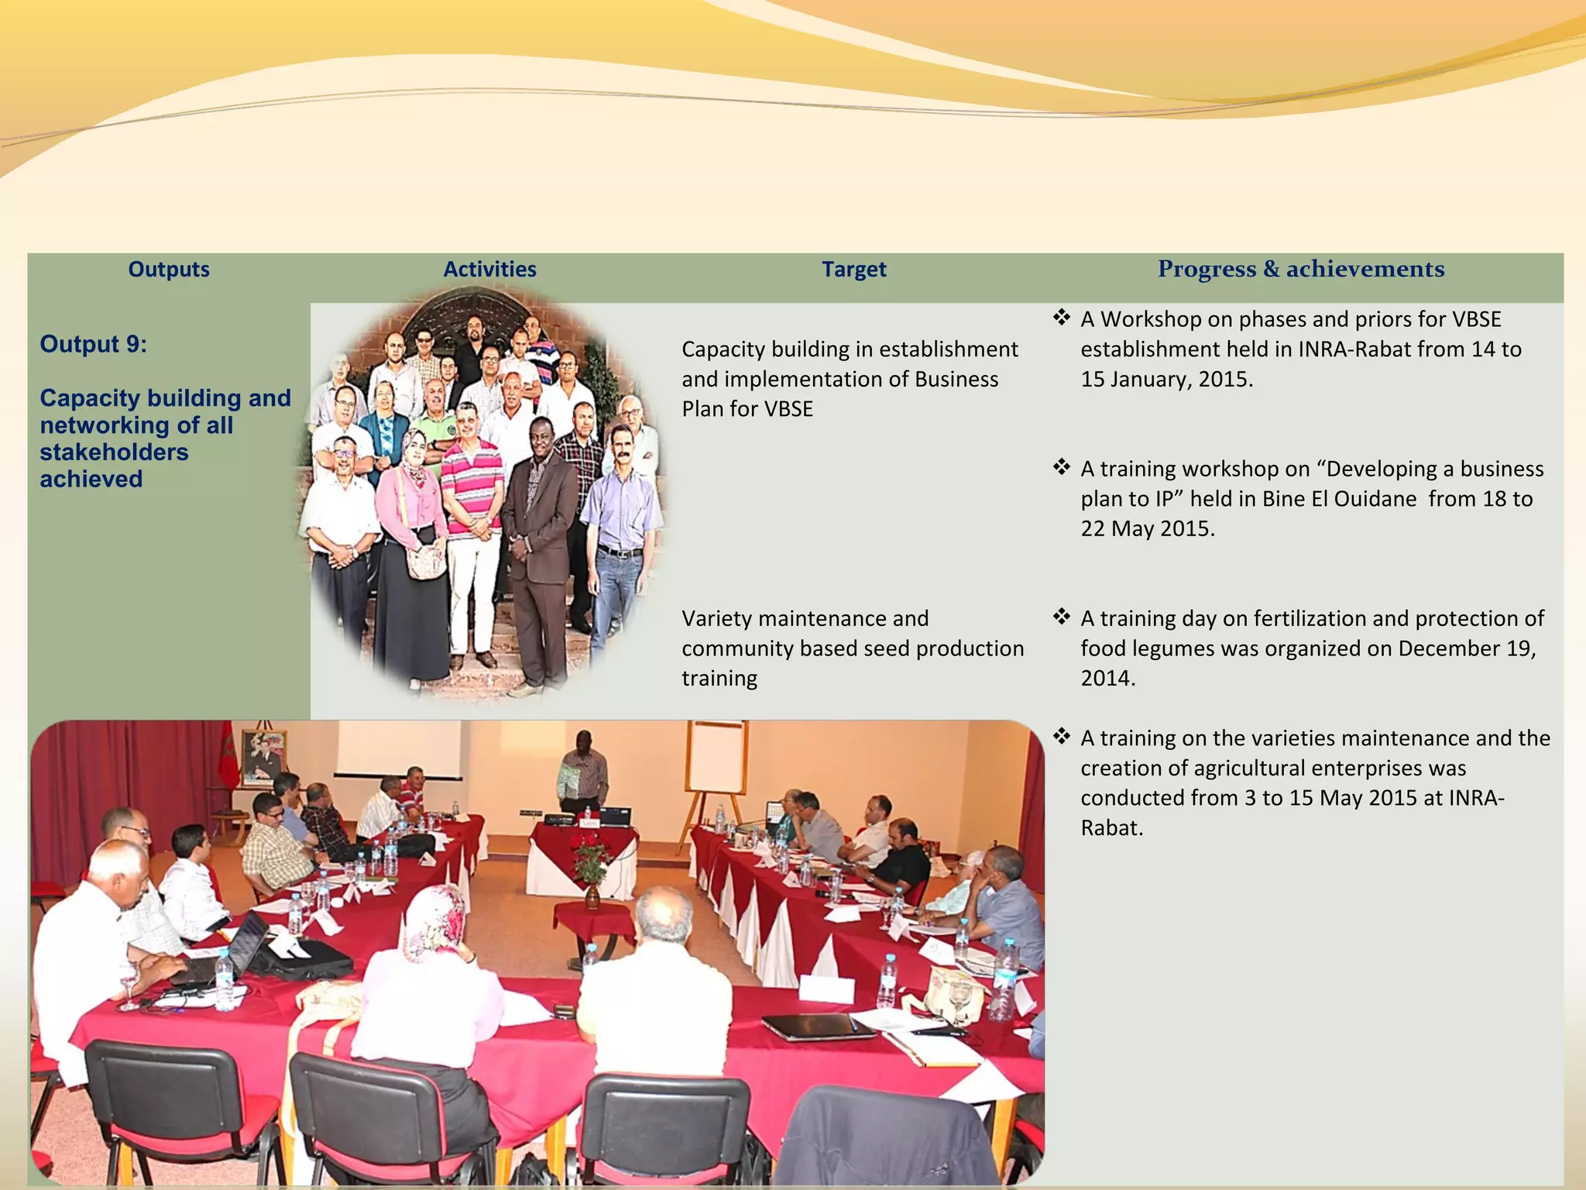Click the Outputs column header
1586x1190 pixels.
click(x=169, y=270)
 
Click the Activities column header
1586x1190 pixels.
click(x=489, y=270)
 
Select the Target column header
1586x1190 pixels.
click(x=853, y=270)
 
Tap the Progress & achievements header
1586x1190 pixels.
click(x=1300, y=269)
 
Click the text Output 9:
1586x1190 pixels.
click(x=94, y=344)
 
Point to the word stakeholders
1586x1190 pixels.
click(x=114, y=452)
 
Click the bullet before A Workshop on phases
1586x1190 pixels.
click(x=1061, y=317)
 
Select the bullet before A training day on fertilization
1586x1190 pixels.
click(x=1061, y=617)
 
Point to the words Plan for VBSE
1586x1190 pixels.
click(x=747, y=409)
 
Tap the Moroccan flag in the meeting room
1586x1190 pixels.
click(x=227, y=755)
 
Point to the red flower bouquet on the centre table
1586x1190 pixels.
click(x=592, y=852)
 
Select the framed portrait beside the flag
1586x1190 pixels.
click(x=263, y=755)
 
